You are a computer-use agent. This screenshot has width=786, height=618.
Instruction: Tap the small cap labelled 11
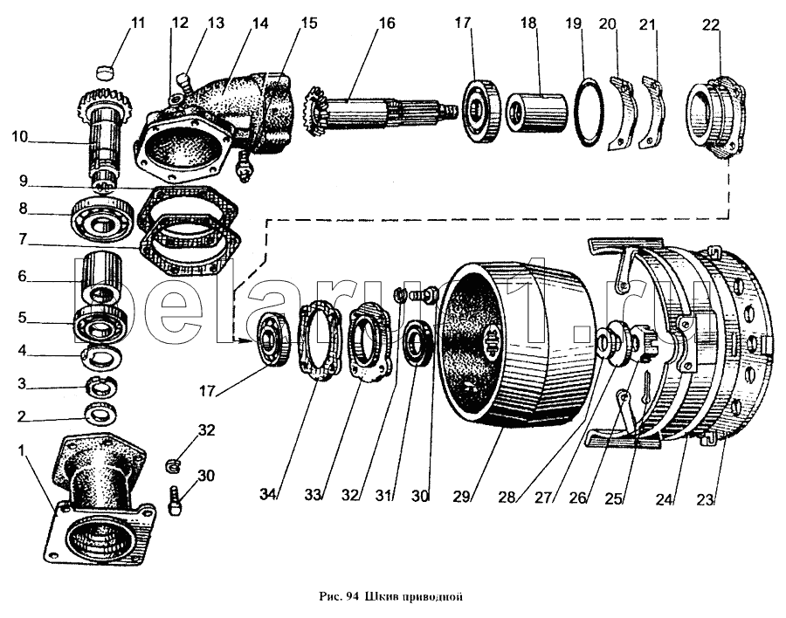coord(107,68)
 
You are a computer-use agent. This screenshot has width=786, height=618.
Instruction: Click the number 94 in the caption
coord(353,598)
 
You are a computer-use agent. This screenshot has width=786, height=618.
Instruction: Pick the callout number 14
coord(236,24)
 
